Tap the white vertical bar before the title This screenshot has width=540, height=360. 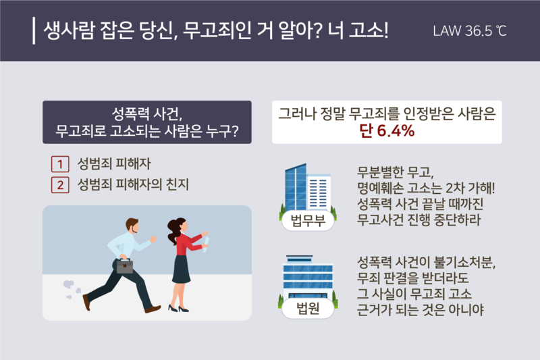click(x=34, y=31)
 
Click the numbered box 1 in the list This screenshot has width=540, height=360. click(x=60, y=163)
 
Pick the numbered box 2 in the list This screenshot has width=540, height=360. click(x=60, y=184)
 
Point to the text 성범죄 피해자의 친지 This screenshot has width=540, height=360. click(x=132, y=184)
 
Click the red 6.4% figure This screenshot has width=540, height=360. click(x=395, y=131)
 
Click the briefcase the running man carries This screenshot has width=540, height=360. click(x=125, y=265)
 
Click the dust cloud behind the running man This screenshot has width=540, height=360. click(x=70, y=289)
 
